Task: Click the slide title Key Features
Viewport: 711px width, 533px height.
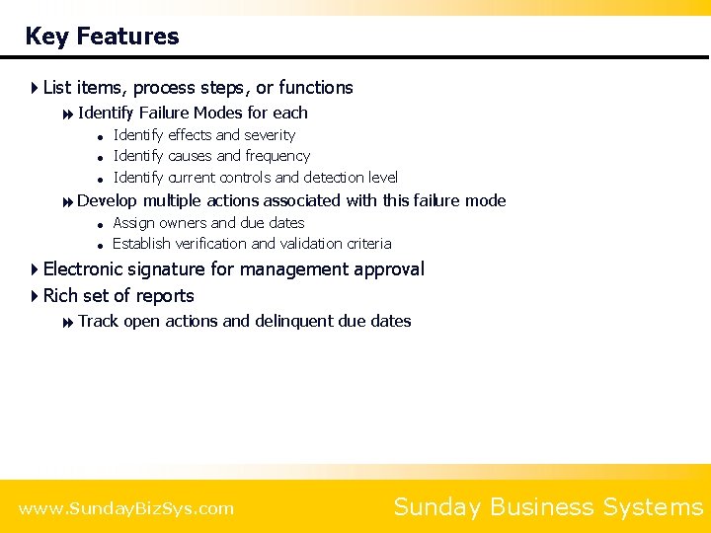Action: [x=102, y=37]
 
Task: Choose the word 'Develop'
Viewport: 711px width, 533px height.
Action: [x=107, y=200]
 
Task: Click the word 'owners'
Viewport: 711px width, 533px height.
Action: [x=182, y=223]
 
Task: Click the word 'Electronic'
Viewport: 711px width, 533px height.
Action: [x=89, y=269]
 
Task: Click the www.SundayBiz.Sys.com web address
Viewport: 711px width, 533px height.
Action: [x=126, y=509]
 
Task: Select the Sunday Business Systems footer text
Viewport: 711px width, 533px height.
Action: [x=548, y=507]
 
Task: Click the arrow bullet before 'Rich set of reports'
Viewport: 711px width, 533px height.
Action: [x=36, y=296]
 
